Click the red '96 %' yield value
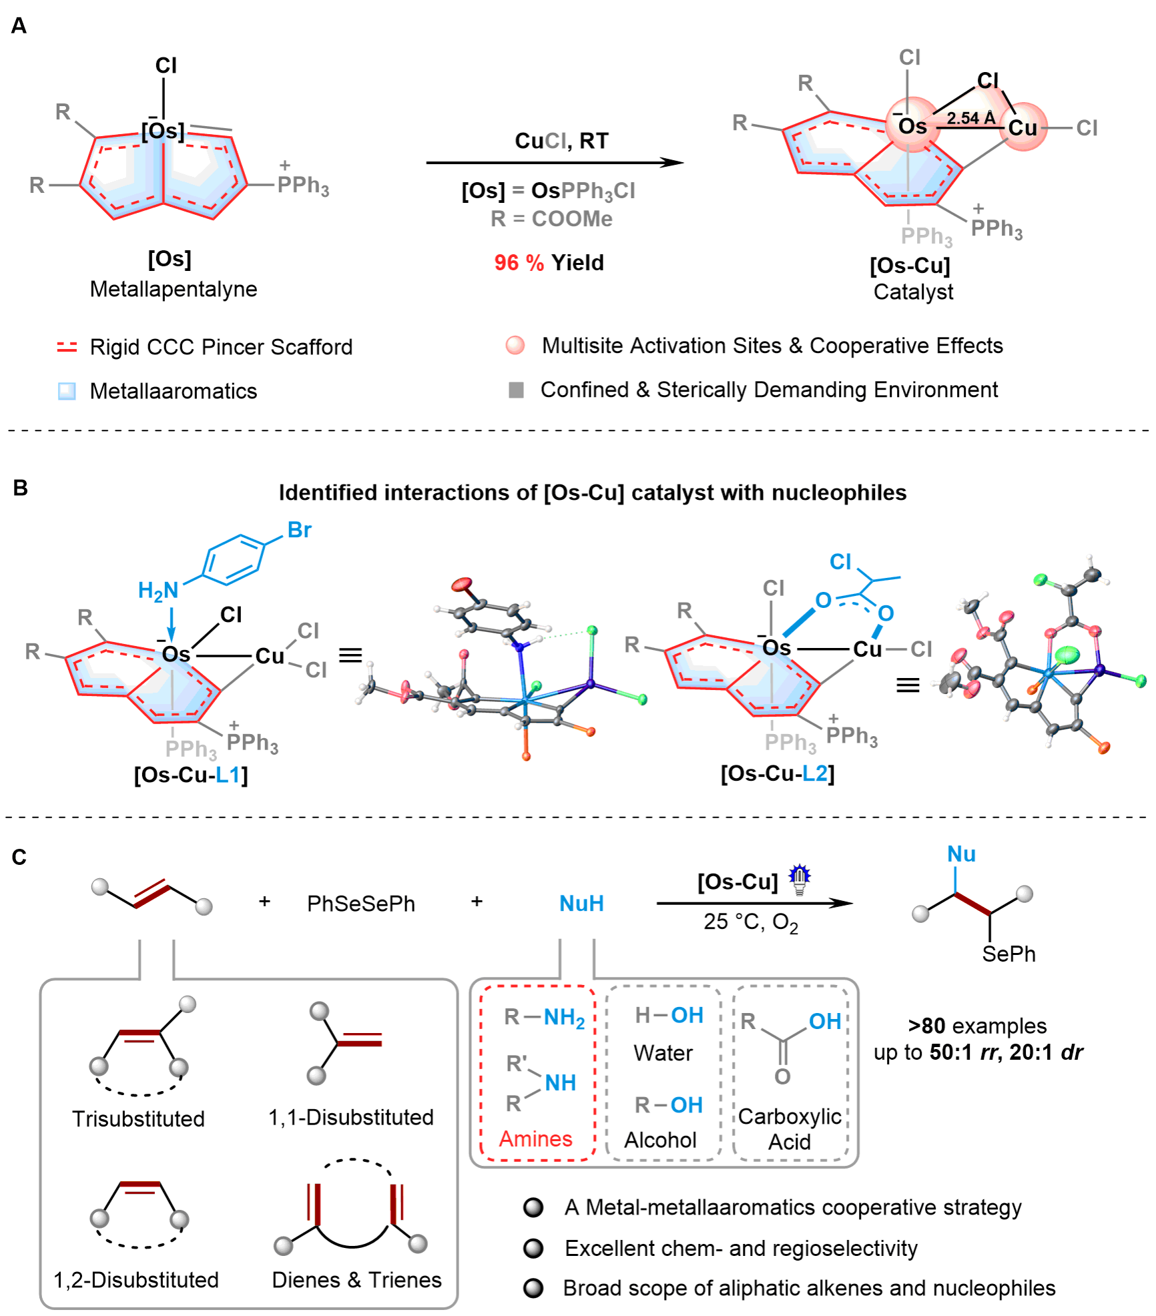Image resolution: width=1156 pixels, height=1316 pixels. tap(519, 263)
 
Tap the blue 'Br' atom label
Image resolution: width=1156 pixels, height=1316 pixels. tap(300, 531)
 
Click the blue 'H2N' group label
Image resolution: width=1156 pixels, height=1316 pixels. tap(158, 590)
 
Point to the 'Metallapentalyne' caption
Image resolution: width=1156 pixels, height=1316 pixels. tap(174, 290)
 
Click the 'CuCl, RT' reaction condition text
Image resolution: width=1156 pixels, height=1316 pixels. tap(561, 141)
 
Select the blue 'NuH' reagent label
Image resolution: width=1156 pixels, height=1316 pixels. tap(581, 904)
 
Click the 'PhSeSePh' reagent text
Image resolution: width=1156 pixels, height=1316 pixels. tap(360, 904)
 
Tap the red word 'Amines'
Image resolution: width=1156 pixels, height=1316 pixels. tap(535, 1138)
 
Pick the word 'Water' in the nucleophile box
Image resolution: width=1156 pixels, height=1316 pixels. tap(663, 1053)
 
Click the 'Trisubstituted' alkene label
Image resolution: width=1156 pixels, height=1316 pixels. tap(138, 1119)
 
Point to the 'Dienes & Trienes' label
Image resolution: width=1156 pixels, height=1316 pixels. tap(357, 1280)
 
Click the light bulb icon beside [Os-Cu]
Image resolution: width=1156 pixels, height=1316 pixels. tap(798, 877)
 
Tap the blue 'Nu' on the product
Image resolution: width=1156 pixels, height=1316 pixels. tap(962, 854)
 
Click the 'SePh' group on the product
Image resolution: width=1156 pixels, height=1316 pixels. tap(1008, 954)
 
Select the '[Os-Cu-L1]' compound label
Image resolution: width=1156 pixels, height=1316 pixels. tap(191, 775)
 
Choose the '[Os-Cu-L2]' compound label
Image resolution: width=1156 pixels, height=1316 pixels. tap(778, 773)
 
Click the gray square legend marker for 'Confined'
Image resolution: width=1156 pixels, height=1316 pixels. tap(516, 390)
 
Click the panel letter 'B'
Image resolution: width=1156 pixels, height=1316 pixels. tap(20, 488)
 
